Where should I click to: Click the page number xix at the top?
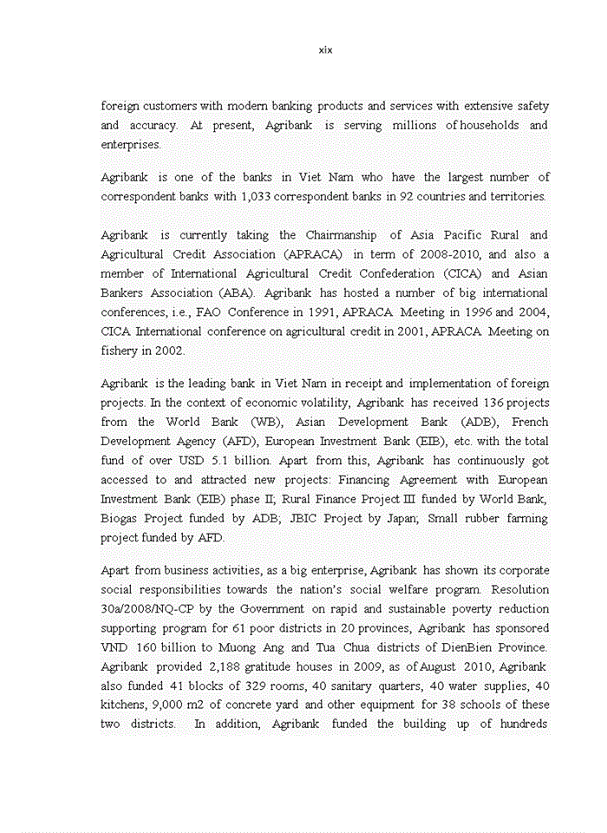325,50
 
